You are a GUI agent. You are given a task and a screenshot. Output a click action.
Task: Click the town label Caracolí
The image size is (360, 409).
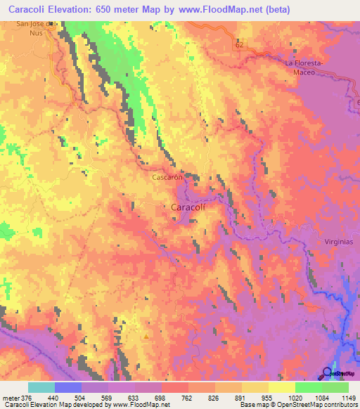point(188,207)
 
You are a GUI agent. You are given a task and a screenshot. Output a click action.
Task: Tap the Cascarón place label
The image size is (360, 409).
point(168,178)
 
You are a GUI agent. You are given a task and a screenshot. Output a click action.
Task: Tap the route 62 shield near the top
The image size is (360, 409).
point(240,44)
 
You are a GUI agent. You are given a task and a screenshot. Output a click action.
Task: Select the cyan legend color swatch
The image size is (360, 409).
point(41,387)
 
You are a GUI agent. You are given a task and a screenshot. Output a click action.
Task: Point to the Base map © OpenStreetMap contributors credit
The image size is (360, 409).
point(298,405)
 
